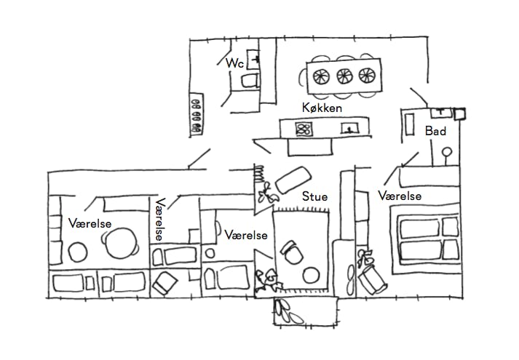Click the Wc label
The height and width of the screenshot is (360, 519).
pos(234,64)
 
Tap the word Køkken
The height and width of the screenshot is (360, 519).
pos(322,108)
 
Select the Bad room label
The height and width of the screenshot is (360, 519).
pos(435,131)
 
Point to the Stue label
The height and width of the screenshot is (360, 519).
pos(314,196)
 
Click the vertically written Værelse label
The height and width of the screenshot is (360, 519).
pos(159,220)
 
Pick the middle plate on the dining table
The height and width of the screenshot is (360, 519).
pos(343,74)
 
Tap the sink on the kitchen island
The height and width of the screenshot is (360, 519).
pos(350,129)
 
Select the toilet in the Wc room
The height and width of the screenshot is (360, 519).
pos(250,79)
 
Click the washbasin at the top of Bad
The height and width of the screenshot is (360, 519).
pos(440,112)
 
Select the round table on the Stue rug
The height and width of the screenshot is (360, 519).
pos(311,275)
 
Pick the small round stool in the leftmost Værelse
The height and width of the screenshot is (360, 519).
pos(78,252)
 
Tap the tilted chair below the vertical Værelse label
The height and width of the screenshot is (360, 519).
pos(167,282)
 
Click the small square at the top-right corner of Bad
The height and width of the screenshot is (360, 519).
pos(460,113)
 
